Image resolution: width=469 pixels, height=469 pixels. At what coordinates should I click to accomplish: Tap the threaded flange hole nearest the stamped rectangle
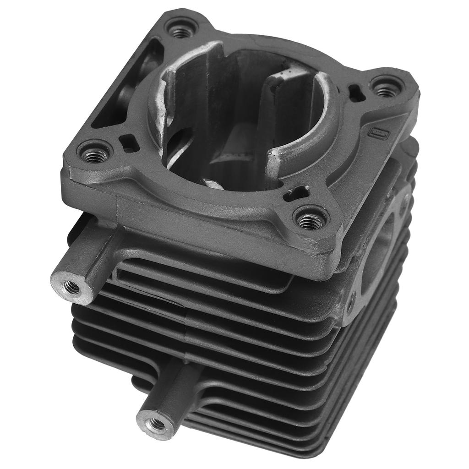click(386, 92)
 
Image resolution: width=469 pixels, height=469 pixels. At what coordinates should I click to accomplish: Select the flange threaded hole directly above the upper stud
click(93, 156)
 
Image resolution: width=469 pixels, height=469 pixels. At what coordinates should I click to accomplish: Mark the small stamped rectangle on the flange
click(379, 134)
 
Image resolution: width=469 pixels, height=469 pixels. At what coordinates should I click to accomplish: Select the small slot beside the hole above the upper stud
click(129, 144)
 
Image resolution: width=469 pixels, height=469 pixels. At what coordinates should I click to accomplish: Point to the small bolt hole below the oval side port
click(351, 302)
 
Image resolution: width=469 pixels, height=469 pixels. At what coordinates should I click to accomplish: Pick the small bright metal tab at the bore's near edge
click(213, 184)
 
